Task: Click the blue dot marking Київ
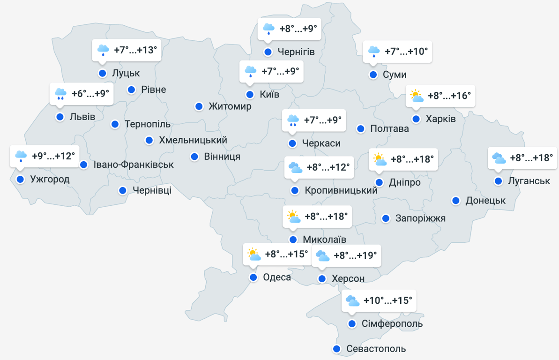click(x=250, y=94)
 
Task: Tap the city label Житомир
click(x=230, y=106)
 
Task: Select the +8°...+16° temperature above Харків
click(x=449, y=96)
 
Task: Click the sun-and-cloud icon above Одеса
click(x=254, y=255)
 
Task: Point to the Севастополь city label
click(x=376, y=349)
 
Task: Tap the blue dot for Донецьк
click(x=455, y=201)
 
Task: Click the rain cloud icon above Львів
click(x=60, y=94)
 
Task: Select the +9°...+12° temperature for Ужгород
click(x=53, y=156)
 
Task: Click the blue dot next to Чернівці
click(x=123, y=190)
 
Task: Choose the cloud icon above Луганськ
click(x=499, y=158)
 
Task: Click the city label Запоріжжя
click(x=420, y=218)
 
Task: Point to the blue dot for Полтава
click(x=361, y=128)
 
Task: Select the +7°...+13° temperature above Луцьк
click(x=135, y=50)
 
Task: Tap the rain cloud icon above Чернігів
click(x=268, y=29)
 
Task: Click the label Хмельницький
click(x=193, y=140)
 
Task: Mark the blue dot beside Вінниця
click(x=194, y=157)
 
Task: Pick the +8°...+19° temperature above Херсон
click(x=355, y=255)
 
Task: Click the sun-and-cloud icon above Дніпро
click(x=380, y=160)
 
